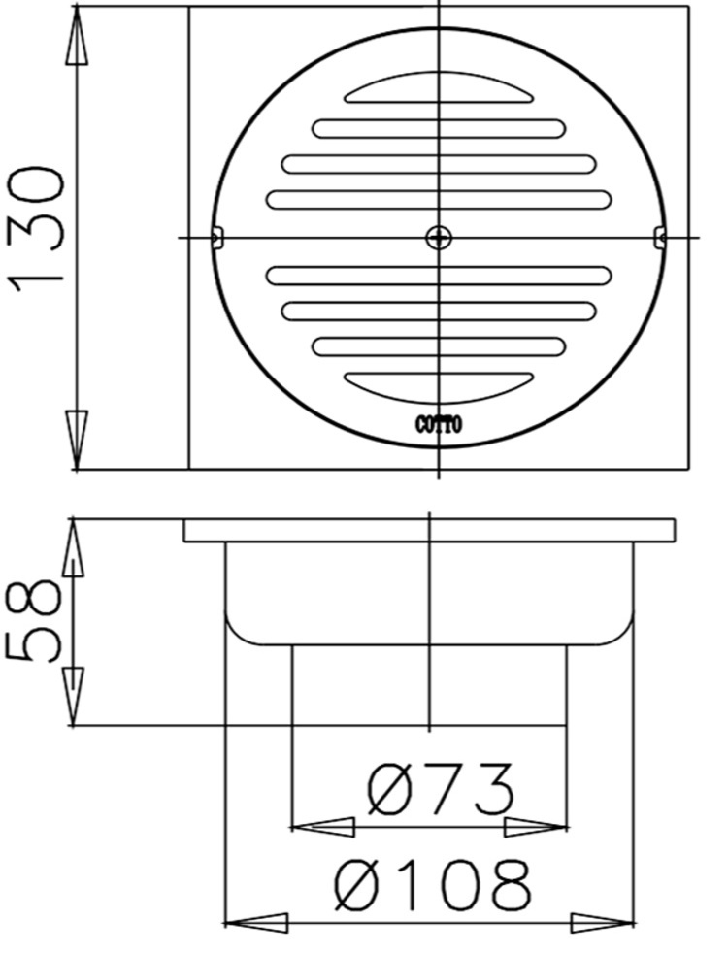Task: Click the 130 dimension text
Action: pos(37,225)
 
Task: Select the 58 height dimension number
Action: pos(36,621)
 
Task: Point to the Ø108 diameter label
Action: pos(433,885)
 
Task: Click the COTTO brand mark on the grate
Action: pos(439,424)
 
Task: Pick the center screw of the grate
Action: pos(439,236)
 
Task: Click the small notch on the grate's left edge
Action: pos(216,236)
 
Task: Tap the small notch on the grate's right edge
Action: pos(660,236)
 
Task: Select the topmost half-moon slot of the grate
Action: pos(439,91)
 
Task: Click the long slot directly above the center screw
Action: pos(439,199)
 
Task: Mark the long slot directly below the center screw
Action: pos(439,276)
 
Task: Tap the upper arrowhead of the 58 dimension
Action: pos(77,549)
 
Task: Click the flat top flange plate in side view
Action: pos(429,530)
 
